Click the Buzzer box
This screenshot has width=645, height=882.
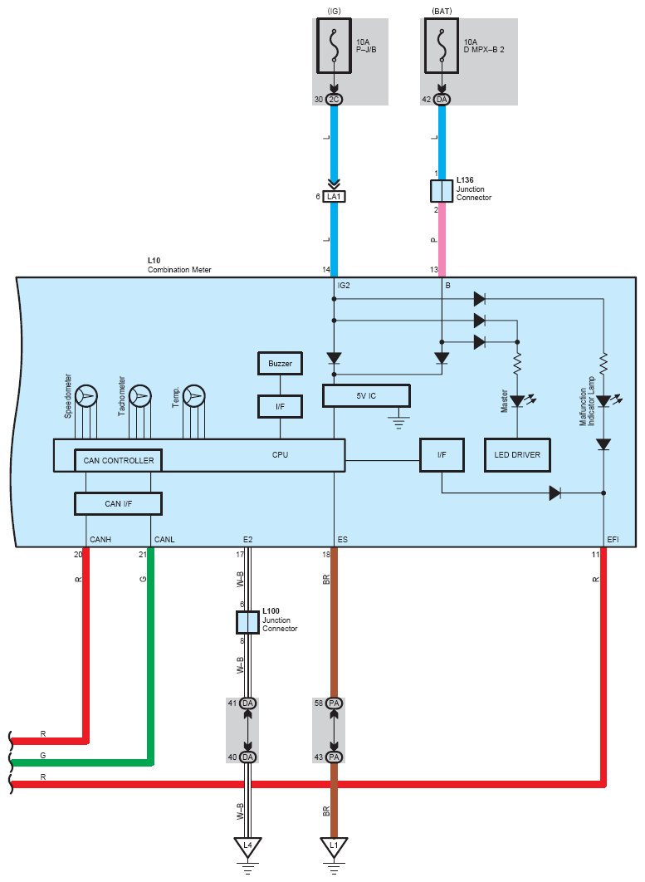tap(280, 364)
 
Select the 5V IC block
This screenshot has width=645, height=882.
tap(366, 395)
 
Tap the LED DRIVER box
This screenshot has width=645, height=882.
tap(517, 455)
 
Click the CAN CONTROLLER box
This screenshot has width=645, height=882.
tap(119, 460)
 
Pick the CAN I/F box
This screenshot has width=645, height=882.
tap(118, 503)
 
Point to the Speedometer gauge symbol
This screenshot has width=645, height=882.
tap(86, 396)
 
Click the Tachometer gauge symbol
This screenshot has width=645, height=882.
tap(140, 396)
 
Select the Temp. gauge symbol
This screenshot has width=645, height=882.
tap(194, 396)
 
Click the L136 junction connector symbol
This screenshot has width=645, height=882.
tap(442, 191)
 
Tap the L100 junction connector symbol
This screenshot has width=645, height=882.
tap(247, 623)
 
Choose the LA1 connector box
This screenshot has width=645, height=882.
tap(334, 196)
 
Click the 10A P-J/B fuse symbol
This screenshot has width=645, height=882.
tap(334, 46)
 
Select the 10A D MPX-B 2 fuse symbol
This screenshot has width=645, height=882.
tap(442, 46)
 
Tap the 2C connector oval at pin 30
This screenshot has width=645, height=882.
tap(334, 100)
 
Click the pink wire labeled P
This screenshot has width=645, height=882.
tap(442, 240)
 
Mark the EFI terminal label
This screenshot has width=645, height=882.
tap(613, 540)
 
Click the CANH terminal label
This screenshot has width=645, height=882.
tap(100, 540)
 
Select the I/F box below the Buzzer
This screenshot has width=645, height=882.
tap(280, 407)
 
